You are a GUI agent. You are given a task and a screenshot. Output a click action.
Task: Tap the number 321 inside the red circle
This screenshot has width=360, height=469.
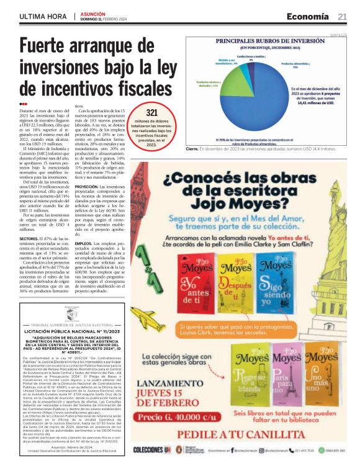click(x=151, y=112)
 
